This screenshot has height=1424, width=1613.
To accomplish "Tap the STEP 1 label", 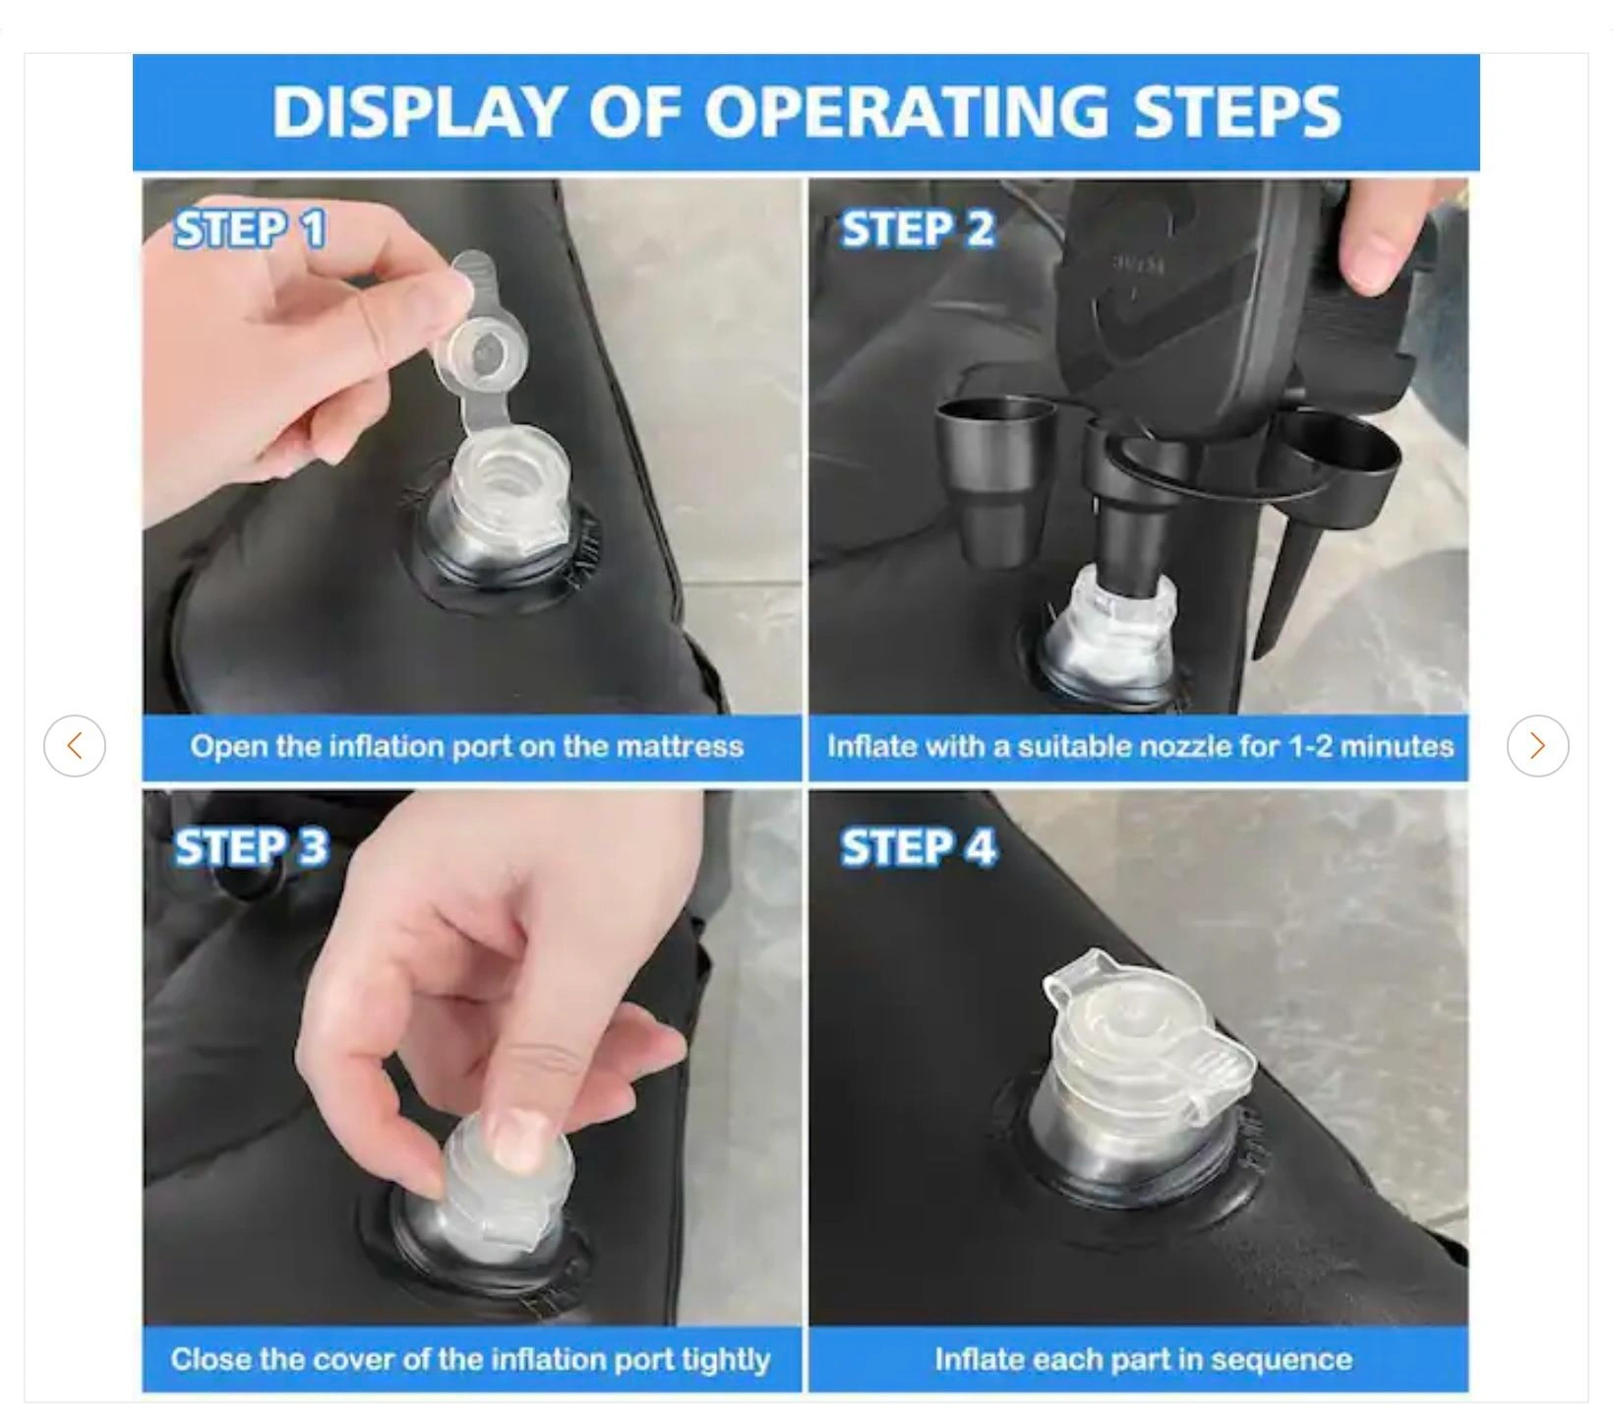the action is click(x=250, y=229).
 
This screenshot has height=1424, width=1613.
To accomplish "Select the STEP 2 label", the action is click(x=917, y=229).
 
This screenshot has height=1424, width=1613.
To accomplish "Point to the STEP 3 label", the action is click(x=251, y=847).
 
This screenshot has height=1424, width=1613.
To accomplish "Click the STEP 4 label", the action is click(x=919, y=847).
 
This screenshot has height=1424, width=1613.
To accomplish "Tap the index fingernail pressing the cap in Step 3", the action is click(x=516, y=1137).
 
